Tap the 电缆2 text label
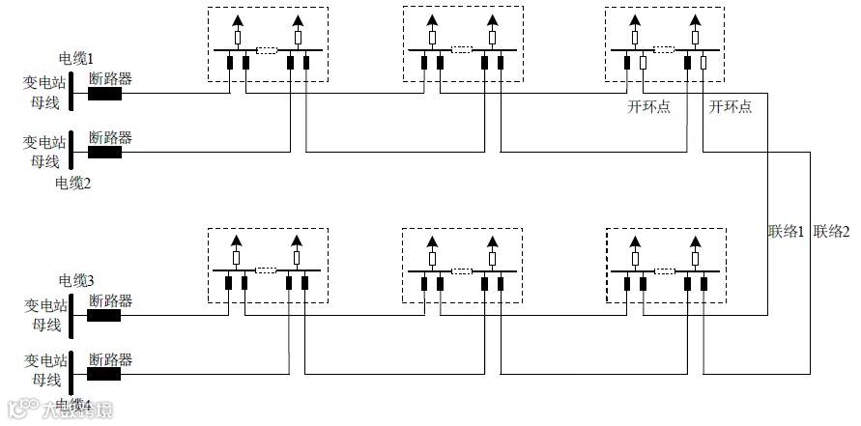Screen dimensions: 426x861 pos(73,182)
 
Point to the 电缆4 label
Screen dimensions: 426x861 pos(73,404)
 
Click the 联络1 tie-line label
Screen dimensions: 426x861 pos(787,231)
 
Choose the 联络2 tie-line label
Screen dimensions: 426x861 pos(831,231)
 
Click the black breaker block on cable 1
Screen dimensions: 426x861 pos(104,95)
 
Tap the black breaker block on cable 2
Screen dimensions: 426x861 pos(104,152)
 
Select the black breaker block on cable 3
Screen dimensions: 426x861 pos(104,315)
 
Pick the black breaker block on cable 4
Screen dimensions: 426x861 pos(104,373)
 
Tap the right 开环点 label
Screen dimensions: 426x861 pos(731,107)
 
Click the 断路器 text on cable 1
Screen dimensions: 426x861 pos(110,79)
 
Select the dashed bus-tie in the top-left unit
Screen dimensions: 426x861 pos(268,49)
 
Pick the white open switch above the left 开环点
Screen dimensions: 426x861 pos(644,64)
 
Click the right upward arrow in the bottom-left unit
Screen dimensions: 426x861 pos(297,241)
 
